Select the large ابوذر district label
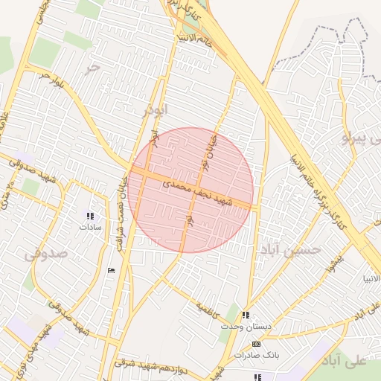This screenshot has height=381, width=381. [x=156, y=110]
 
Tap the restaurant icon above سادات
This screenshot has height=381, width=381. [x=90, y=217]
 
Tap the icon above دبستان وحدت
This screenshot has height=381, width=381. [x=246, y=315]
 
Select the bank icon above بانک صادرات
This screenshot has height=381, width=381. [x=257, y=344]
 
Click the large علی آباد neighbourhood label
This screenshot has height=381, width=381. [x=350, y=360]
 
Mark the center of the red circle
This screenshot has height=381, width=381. [x=190, y=190]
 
